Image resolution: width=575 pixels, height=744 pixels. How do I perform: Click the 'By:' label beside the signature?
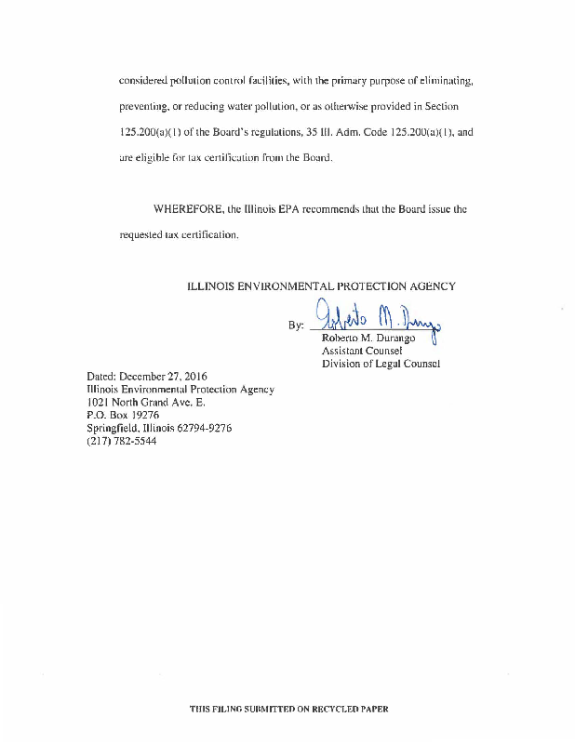pos(296,326)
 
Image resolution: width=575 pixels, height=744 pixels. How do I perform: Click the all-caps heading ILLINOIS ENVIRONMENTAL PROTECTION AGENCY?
pos(322,286)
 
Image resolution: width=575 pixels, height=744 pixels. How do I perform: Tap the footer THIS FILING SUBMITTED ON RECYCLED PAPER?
pos(288,709)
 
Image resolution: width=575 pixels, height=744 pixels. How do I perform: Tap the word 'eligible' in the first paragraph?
pos(156,158)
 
